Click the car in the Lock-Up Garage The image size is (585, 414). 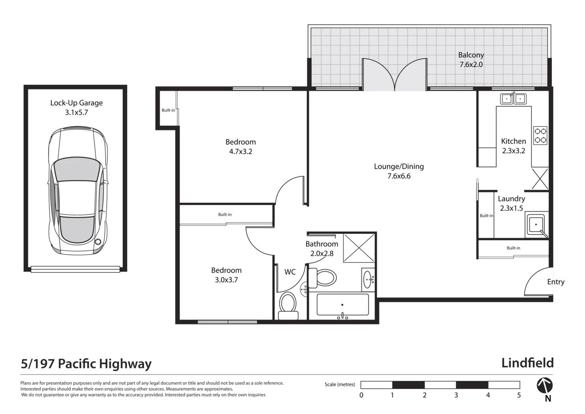pyautogui.click(x=78, y=190)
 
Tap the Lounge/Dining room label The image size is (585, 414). pyautogui.click(x=399, y=171)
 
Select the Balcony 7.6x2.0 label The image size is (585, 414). pyautogui.click(x=471, y=60)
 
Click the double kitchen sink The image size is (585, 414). pyautogui.click(x=513, y=99)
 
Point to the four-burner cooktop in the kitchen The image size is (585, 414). pyautogui.click(x=540, y=135)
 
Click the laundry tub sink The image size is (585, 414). pyautogui.click(x=536, y=225)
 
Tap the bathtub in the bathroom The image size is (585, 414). pyautogui.click(x=342, y=305)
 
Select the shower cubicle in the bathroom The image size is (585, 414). pyautogui.click(x=359, y=248)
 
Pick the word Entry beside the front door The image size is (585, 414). pyautogui.click(x=555, y=282)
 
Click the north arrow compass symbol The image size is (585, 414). pyautogui.click(x=545, y=386)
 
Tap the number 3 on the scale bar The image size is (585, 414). pyautogui.click(x=456, y=395)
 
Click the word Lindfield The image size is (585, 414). pyautogui.click(x=527, y=363)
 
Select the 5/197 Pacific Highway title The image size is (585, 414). pyautogui.click(x=86, y=364)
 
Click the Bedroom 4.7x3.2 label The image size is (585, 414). pyautogui.click(x=240, y=146)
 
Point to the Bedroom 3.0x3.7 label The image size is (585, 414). pyautogui.click(x=226, y=275)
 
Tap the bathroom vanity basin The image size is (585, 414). pyautogui.click(x=368, y=279)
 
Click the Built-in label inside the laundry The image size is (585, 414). pyautogui.click(x=486, y=216)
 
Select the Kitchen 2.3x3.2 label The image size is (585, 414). pyautogui.click(x=513, y=145)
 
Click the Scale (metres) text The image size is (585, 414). pyautogui.click(x=340, y=384)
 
